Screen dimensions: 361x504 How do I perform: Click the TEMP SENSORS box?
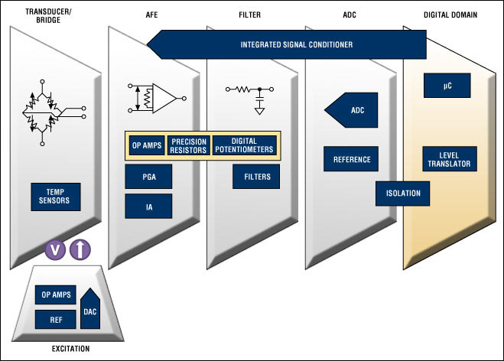point(56,196)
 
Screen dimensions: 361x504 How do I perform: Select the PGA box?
point(148,177)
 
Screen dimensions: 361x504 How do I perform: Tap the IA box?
point(148,205)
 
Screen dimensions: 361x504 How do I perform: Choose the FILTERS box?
point(256,177)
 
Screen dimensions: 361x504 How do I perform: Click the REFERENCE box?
point(351,159)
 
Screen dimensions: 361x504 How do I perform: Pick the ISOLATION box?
point(402,193)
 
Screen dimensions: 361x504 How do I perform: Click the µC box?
point(447,86)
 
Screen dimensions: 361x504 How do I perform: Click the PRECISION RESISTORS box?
point(187,146)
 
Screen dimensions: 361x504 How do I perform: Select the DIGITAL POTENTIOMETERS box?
point(242,146)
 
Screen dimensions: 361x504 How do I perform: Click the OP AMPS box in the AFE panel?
point(146,146)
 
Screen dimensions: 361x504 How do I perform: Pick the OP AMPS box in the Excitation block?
point(56,294)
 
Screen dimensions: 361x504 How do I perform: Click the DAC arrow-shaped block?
point(89,309)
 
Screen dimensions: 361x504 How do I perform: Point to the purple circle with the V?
point(55,249)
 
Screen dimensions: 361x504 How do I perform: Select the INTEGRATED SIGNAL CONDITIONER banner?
point(288,44)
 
